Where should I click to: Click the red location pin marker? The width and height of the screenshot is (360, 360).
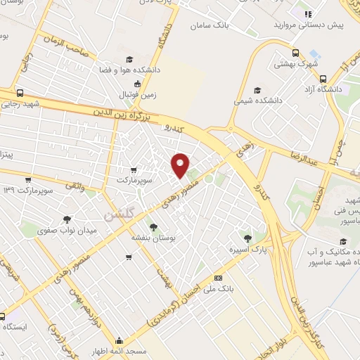[x=181, y=165]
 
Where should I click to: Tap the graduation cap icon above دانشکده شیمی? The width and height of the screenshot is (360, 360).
[x=257, y=90]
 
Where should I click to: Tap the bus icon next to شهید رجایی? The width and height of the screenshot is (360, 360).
[x=19, y=93]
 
